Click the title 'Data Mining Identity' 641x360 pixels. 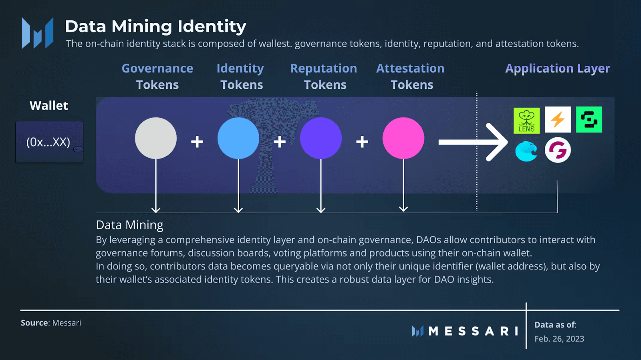coord(155,26)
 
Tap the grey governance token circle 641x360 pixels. coord(156,138)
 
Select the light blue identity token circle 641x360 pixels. coord(238,138)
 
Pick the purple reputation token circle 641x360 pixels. coord(321,138)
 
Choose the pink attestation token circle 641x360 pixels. coord(403,138)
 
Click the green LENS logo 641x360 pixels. coord(526,121)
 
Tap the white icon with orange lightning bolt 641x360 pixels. coord(558,119)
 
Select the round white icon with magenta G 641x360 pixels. coord(558,150)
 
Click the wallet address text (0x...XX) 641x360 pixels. coord(48,142)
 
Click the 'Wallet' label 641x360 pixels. coord(49,106)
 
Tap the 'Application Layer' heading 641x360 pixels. coord(558,68)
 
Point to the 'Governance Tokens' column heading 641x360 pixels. coord(157,76)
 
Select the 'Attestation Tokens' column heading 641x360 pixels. coord(411,76)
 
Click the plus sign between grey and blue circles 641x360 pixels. coord(197,142)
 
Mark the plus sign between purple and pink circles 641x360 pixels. coord(362,142)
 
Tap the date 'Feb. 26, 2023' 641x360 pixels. coord(559,339)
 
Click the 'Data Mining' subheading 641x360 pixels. coord(129,225)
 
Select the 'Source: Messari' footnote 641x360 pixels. coord(51,323)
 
